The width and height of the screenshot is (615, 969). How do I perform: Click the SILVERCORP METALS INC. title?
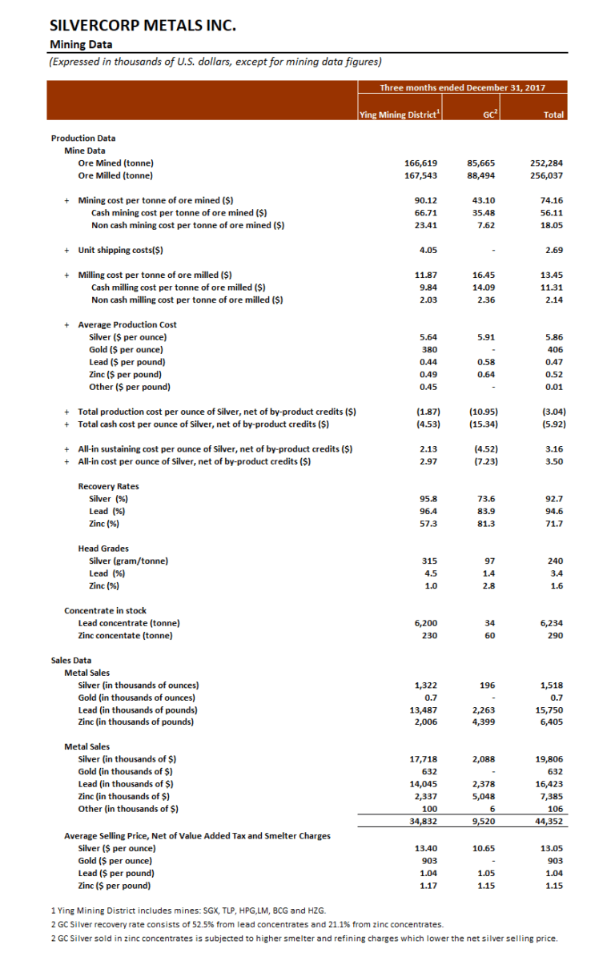coord(143,26)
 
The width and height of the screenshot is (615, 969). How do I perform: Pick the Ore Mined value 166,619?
coord(420,163)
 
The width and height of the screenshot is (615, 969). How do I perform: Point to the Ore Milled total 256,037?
coord(549,175)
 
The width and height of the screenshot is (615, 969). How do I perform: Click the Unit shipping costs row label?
coord(120,249)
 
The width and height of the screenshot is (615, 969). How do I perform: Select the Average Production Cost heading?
coord(127,324)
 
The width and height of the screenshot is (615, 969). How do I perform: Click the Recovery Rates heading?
coord(108,486)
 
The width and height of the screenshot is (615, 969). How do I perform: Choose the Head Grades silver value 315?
coord(428,561)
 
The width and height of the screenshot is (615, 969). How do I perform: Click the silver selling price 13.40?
coord(424,848)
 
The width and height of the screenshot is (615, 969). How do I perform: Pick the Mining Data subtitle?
coord(81,44)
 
